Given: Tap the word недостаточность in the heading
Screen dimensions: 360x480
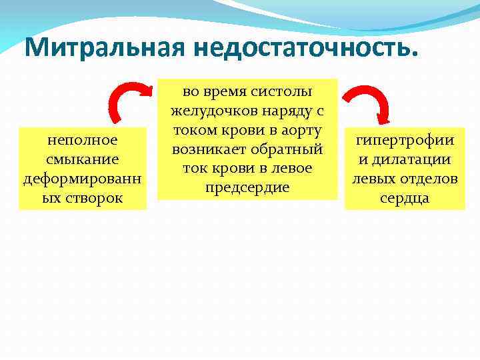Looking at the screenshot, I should (305, 47).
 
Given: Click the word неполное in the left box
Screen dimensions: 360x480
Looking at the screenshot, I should (83, 140).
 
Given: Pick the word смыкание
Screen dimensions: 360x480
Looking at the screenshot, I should (83, 159).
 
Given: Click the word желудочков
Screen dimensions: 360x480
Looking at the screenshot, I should (217, 111).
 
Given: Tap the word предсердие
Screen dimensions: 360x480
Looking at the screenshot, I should (247, 186).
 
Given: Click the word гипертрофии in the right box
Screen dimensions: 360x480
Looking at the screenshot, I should (405, 141).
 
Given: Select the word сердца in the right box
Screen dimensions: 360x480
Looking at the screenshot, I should (405, 198).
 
